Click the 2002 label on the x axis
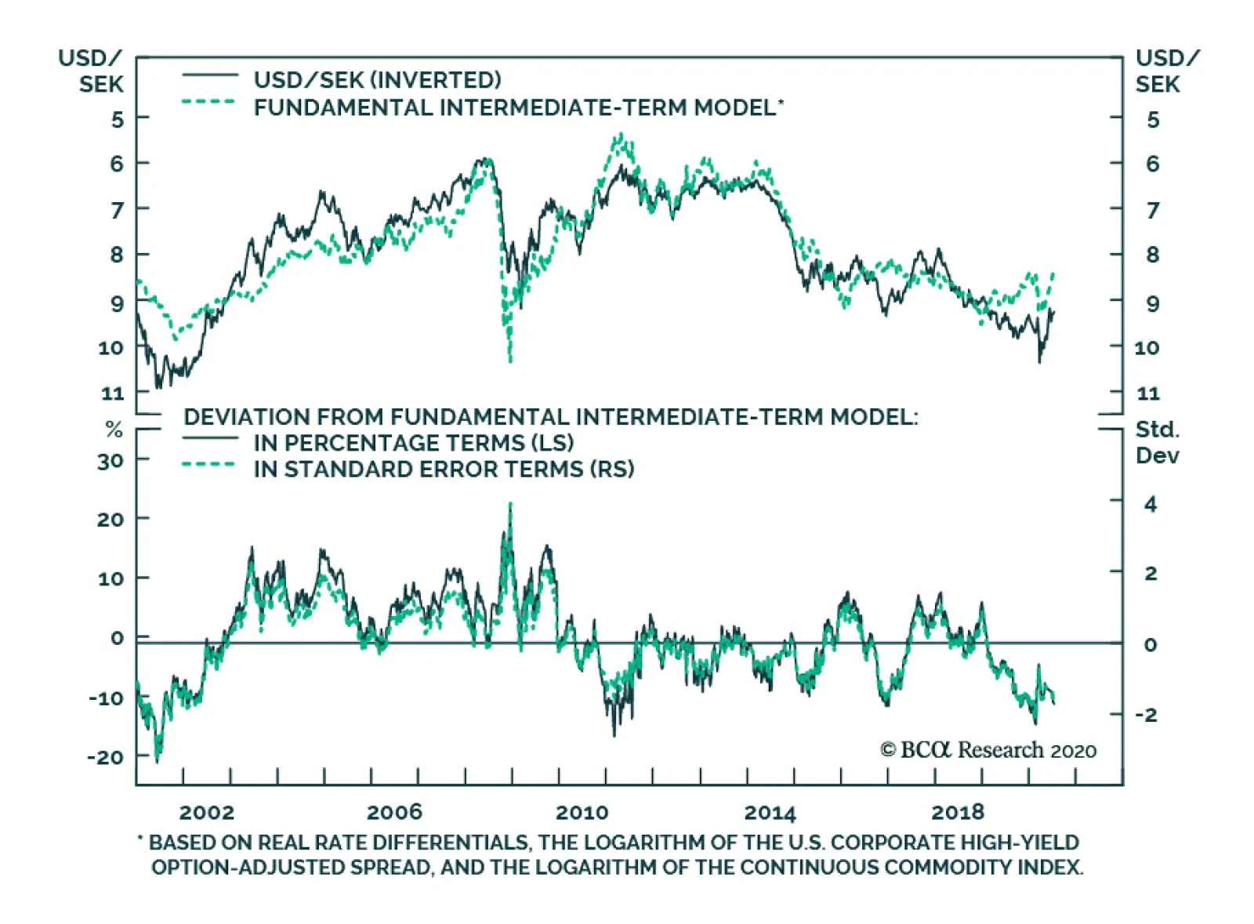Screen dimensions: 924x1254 pos(206,812)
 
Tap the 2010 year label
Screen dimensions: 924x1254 pos(582,812)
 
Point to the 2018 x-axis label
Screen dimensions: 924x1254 pos(957,812)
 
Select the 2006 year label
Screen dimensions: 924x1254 pos(394,812)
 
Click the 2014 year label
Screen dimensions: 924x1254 pos(770,812)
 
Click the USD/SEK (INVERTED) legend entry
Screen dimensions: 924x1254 pos(377,80)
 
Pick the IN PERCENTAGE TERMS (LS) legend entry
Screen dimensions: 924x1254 pos(413,443)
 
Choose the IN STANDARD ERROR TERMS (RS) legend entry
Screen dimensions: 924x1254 pos(444,469)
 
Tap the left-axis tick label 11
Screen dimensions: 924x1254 pos(113,393)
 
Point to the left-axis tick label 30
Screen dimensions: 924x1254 pos(111,461)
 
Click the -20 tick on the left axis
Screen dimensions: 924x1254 pos(106,757)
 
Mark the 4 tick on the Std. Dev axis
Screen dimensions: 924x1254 pos(1150,504)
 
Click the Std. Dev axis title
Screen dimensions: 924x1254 pos(1157,443)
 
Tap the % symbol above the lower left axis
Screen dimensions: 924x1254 pos(114,430)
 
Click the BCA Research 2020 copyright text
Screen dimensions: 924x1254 pos(988,750)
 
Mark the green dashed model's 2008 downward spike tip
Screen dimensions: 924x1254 pos(511,361)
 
